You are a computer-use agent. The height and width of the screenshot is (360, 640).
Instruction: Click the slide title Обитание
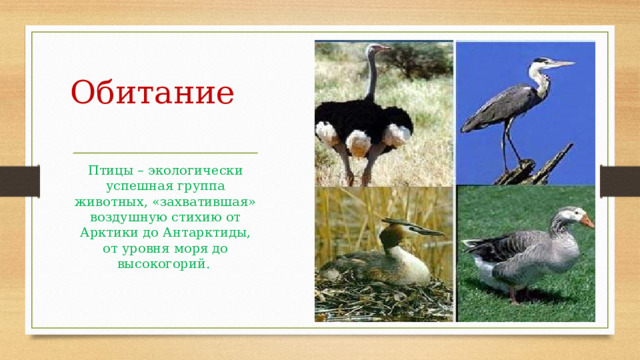pyautogui.click(x=153, y=94)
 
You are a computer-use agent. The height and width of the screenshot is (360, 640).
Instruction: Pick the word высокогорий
pyautogui.click(x=164, y=263)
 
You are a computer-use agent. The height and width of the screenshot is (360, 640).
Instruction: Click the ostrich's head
pyautogui.click(x=377, y=49)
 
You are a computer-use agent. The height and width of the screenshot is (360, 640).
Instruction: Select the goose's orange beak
pyautogui.click(x=587, y=220)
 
